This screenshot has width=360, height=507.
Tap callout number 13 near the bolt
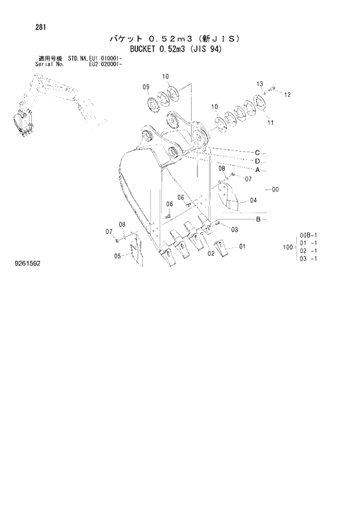pyautogui.click(x=260, y=84)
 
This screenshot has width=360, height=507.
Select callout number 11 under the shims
pyautogui.click(x=270, y=123)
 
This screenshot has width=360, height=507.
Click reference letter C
pyautogui.click(x=257, y=152)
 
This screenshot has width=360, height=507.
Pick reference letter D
pyautogui.click(x=257, y=161)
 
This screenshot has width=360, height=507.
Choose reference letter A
pyautogui.click(x=257, y=170)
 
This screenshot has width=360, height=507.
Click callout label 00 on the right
pyautogui.click(x=275, y=189)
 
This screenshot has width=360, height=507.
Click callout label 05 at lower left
pyautogui.click(x=117, y=256)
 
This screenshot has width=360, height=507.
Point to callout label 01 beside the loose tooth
pyautogui.click(x=242, y=246)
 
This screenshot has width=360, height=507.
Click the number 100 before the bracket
pyautogui.click(x=287, y=247)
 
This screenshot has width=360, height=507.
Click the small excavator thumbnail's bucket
pyautogui.click(x=22, y=124)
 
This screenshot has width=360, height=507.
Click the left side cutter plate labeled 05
pyautogui.click(x=133, y=251)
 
